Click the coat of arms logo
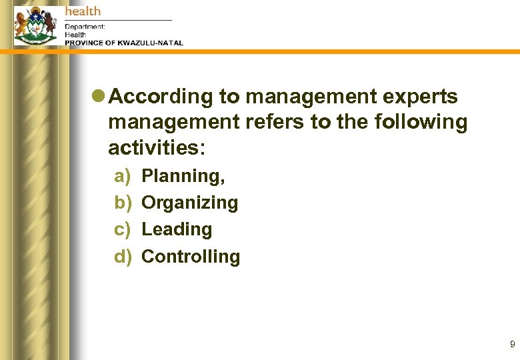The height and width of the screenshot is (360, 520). (x=36, y=25)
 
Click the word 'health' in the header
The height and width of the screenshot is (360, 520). (x=83, y=11)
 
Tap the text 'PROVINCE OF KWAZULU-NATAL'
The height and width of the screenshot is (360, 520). (x=123, y=43)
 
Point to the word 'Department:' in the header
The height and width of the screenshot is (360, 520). (x=85, y=27)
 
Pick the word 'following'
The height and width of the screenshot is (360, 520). (x=425, y=122)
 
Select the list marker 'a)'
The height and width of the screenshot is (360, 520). (x=123, y=176)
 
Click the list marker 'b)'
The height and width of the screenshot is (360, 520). (x=123, y=203)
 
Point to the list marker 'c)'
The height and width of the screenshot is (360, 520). (x=123, y=229)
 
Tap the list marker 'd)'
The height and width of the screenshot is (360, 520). (x=123, y=257)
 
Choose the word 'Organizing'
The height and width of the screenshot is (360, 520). (x=190, y=203)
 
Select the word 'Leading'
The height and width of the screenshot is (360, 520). (x=177, y=229)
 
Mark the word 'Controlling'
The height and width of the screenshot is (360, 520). (x=191, y=257)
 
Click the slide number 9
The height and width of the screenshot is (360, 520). (x=512, y=345)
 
